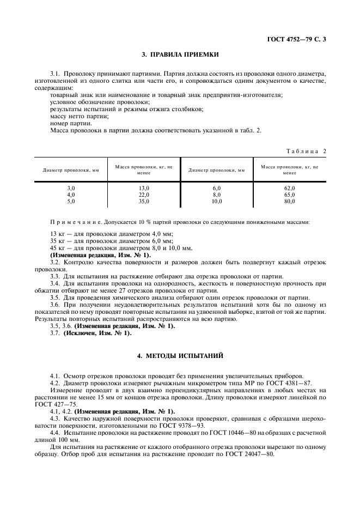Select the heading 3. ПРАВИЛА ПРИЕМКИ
click(x=180, y=55)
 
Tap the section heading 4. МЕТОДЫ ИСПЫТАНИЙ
click(x=180, y=356)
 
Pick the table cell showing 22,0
click(x=144, y=195)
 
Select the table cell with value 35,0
click(x=144, y=201)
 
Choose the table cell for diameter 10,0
click(x=217, y=201)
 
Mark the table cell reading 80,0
click(x=290, y=201)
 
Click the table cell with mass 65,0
click(x=290, y=195)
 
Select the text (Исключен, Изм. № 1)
click(x=97, y=333)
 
